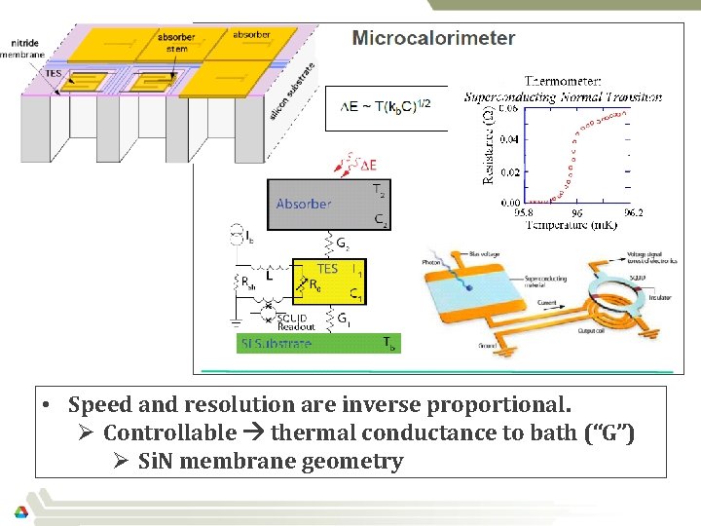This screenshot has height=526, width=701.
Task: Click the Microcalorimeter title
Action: pos(433,39)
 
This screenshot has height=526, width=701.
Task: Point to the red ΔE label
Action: pos(366,165)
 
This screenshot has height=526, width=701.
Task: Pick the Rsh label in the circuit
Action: pos(243,285)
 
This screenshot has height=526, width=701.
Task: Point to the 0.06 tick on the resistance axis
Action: pos(508,108)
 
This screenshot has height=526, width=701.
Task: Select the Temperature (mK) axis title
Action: pos(572,225)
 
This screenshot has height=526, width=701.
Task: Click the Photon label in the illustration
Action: pos(431,261)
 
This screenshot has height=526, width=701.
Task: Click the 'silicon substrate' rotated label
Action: pos(290,91)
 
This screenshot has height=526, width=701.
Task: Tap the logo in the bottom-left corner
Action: pos(20,512)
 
